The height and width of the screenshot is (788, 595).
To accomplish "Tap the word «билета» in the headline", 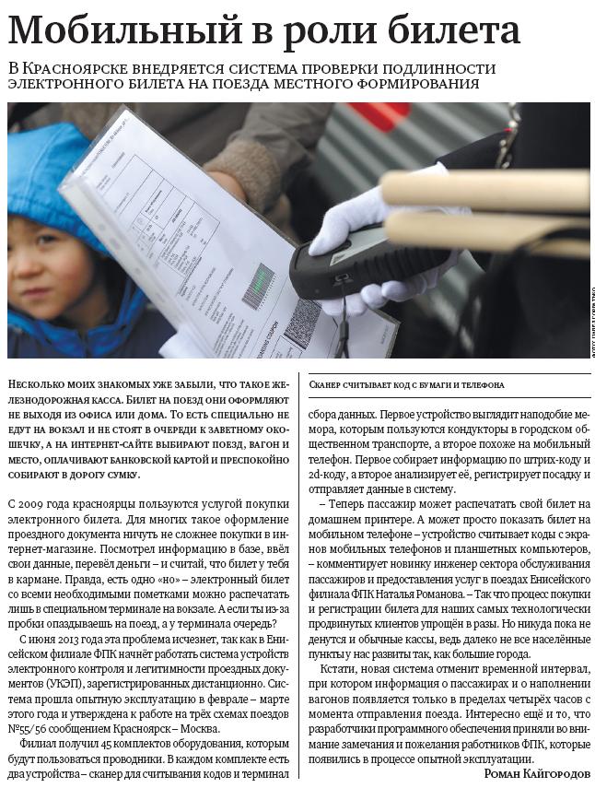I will point(457,31).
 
